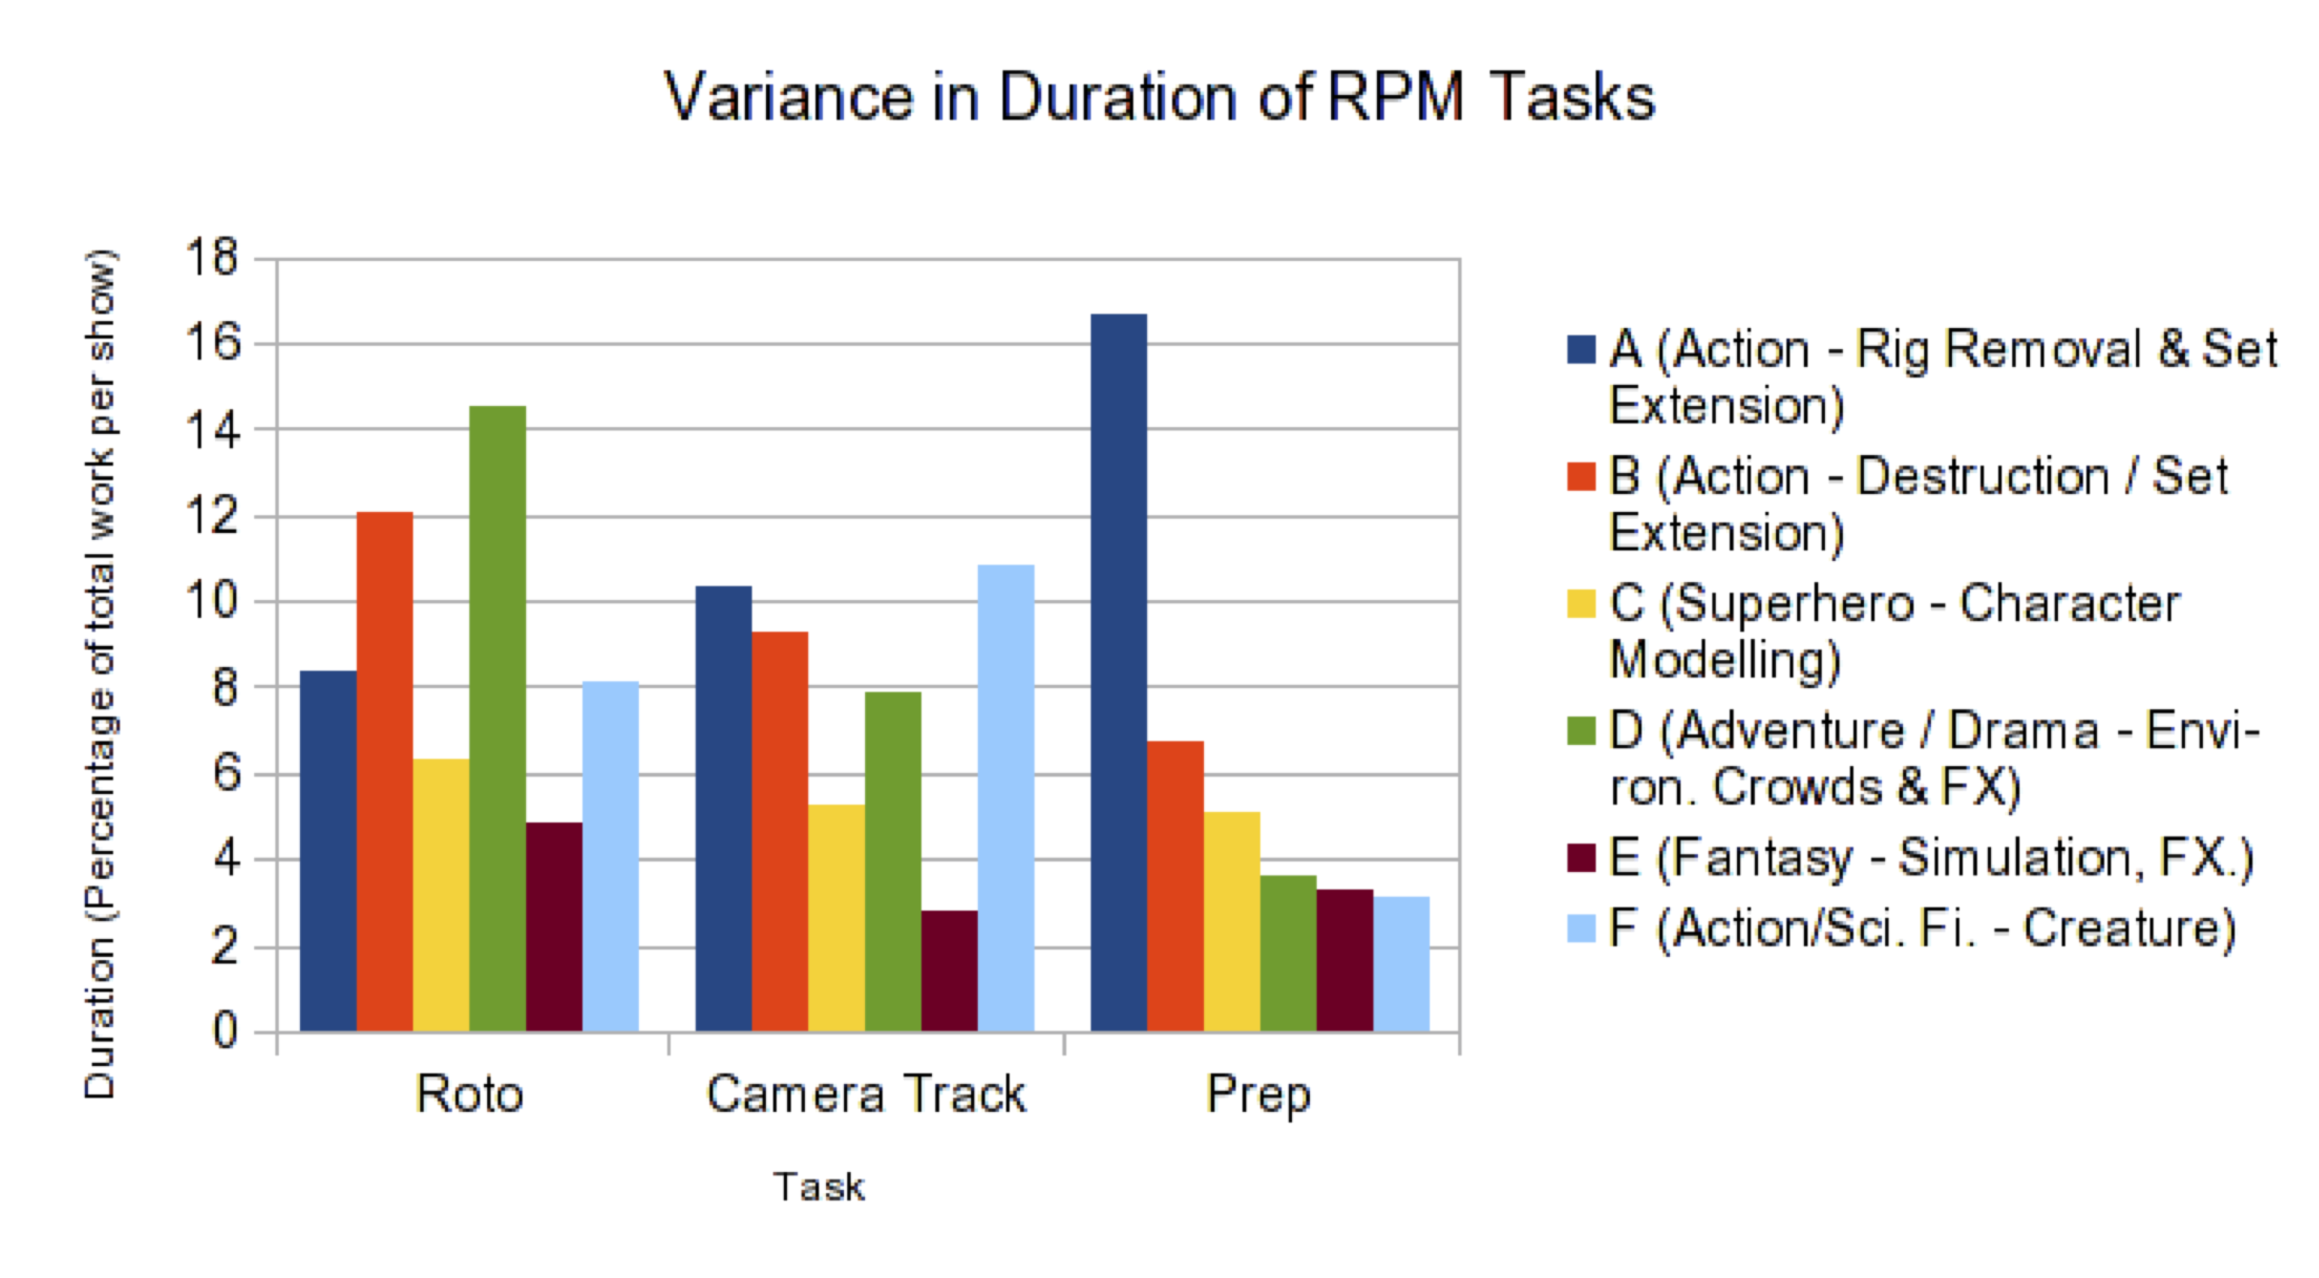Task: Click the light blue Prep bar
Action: point(1401,963)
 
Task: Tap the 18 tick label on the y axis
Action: point(213,258)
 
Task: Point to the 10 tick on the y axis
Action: point(213,601)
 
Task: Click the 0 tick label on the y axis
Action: point(225,1031)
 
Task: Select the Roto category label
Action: point(469,1094)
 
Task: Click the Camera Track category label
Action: point(865,1094)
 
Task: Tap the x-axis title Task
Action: point(818,1187)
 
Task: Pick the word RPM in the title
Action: point(1396,97)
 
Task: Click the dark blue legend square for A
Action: point(1581,349)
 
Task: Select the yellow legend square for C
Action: point(1581,603)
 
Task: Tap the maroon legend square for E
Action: point(1581,858)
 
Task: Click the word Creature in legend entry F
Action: point(2129,929)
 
